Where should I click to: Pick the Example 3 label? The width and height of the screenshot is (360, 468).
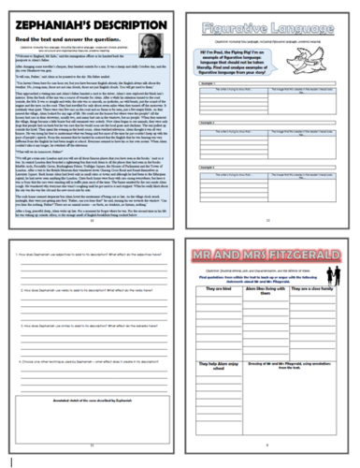point(206,187)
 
